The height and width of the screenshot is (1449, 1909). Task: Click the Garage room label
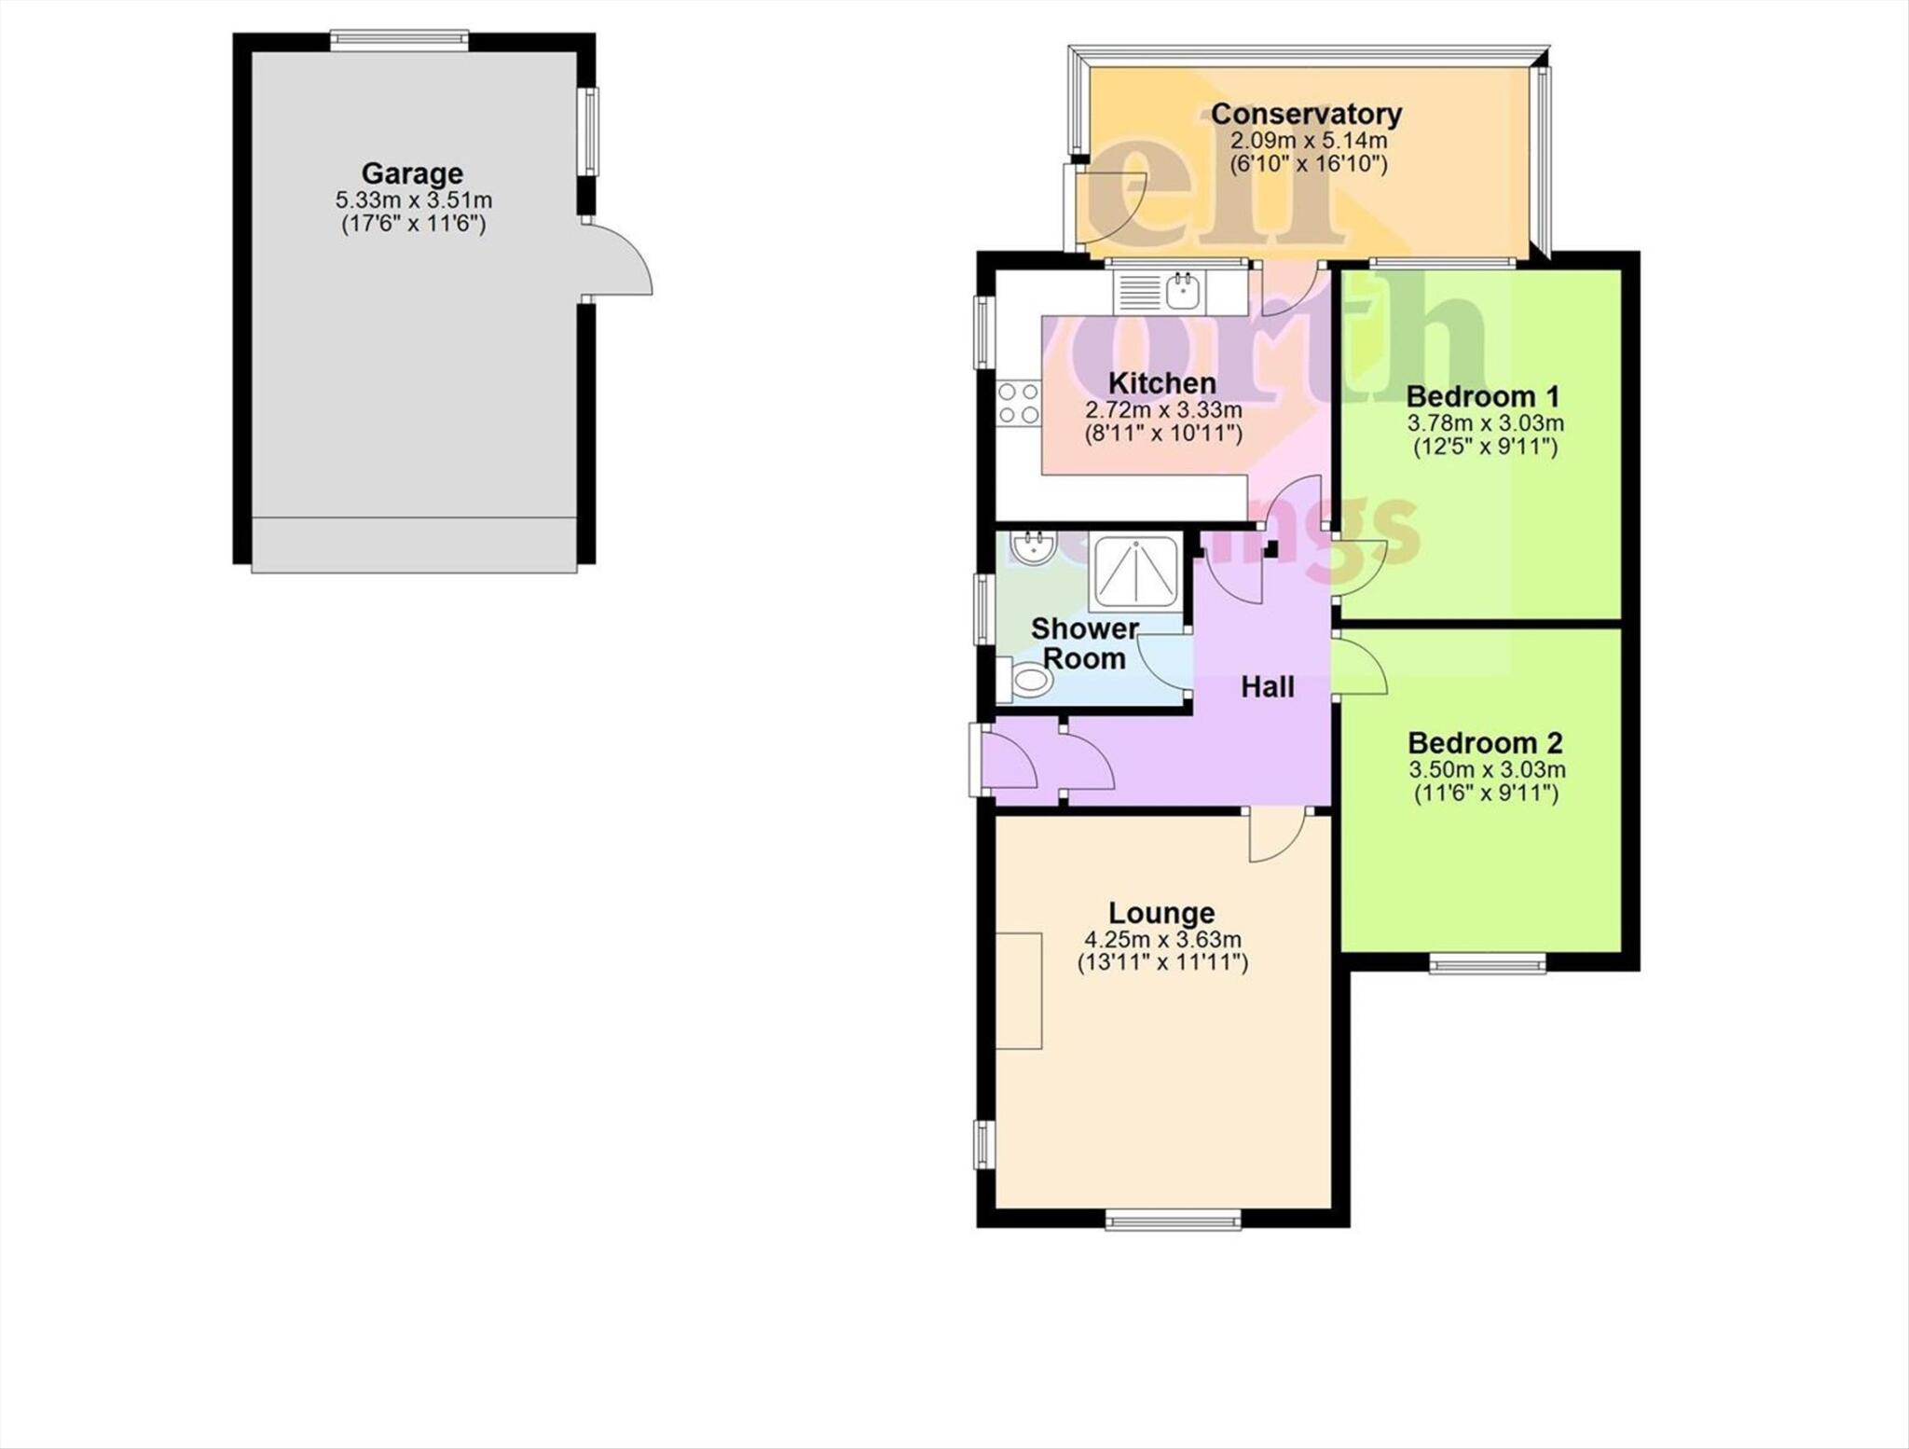412,173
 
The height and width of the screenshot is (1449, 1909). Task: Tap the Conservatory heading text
1306,115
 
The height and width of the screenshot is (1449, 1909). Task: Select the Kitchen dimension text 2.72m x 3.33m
1163,409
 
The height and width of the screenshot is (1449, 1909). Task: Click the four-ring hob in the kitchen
1018,404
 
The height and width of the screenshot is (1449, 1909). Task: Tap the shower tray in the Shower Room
1135,571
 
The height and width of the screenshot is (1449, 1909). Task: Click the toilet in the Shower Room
1030,681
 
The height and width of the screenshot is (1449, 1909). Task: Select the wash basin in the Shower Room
1032,548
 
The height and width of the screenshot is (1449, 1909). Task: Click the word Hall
1267,687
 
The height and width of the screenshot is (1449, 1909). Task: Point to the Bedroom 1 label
1482,396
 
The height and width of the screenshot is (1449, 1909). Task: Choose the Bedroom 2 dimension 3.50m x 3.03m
1486,770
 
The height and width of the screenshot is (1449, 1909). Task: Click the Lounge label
1161,913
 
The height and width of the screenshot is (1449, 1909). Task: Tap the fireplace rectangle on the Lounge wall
1019,990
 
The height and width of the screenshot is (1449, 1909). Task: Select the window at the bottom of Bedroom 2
1487,964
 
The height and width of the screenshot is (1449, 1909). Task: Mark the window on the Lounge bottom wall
1173,1219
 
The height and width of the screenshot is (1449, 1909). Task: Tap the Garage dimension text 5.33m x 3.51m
413,200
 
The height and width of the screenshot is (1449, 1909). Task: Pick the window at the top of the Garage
399,39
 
